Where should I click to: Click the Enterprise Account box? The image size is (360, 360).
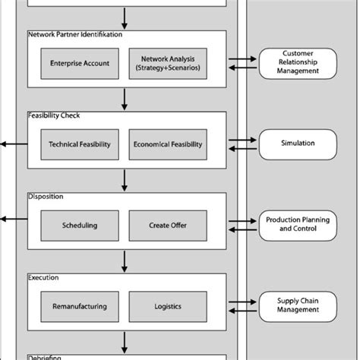pyautogui.click(x=79, y=63)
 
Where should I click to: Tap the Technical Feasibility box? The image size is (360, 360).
pyautogui.click(x=79, y=144)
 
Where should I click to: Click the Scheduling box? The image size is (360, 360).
pyautogui.click(x=79, y=225)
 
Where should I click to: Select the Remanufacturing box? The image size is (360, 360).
pyautogui.click(x=79, y=306)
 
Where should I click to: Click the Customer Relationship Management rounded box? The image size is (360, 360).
pyautogui.click(x=298, y=63)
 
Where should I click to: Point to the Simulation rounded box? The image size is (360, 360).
pyautogui.click(x=298, y=143)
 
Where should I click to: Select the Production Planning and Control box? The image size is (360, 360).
pyautogui.click(x=298, y=224)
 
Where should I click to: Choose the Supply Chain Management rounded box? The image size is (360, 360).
pyautogui.click(x=298, y=305)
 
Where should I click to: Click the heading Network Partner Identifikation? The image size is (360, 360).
pyautogui.click(x=74, y=34)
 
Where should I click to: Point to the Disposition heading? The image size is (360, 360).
pyautogui.click(x=46, y=196)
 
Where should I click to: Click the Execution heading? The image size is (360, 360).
pyautogui.click(x=43, y=278)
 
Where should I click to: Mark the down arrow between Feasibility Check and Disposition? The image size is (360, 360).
pyautogui.click(x=125, y=179)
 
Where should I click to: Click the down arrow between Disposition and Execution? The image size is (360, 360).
pyautogui.click(x=125, y=261)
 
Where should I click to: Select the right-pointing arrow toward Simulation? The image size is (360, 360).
pyautogui.click(x=243, y=139)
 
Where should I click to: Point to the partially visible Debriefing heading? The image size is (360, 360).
pyautogui.click(x=46, y=357)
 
